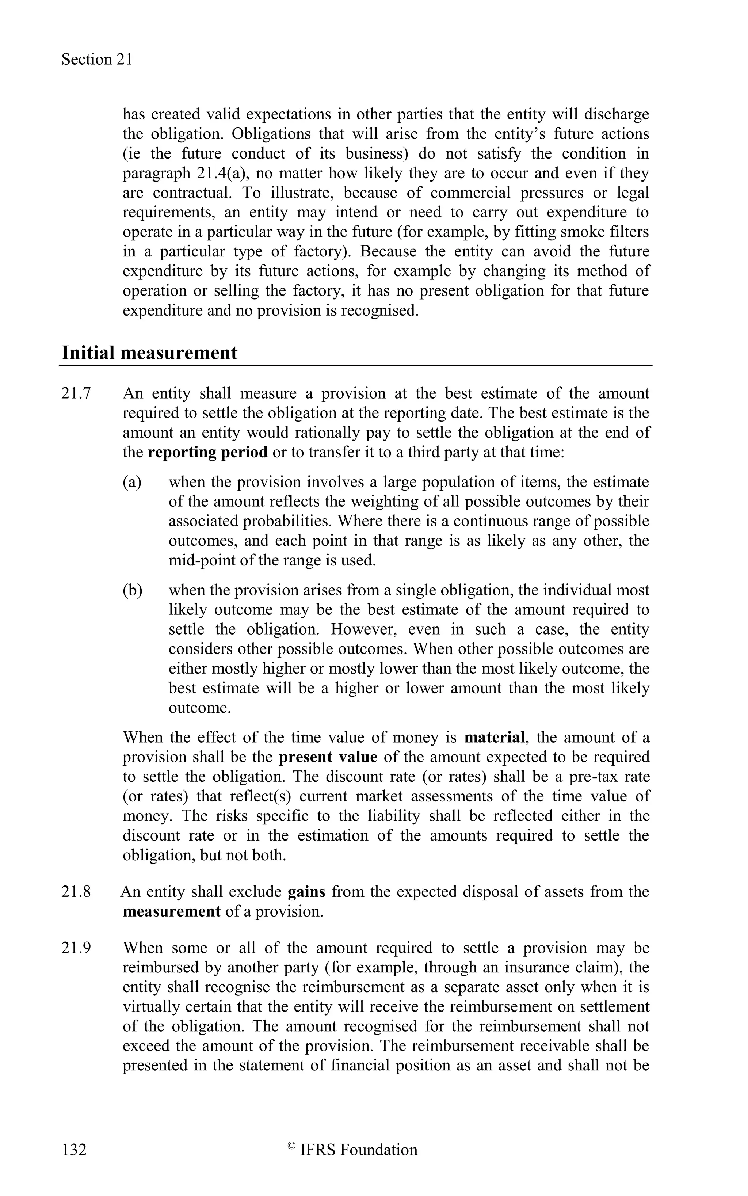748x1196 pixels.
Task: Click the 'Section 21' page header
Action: [x=97, y=60]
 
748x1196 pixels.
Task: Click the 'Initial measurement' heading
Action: [x=149, y=353]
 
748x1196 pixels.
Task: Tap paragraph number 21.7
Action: [x=76, y=393]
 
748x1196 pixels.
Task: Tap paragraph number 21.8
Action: [x=76, y=892]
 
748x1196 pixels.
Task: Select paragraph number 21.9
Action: [x=76, y=948]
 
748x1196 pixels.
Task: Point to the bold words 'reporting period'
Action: [x=207, y=452]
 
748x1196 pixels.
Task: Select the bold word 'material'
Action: [x=494, y=737]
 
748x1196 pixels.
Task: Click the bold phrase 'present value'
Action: [x=328, y=757]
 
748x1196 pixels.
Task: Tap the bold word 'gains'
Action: [x=306, y=892]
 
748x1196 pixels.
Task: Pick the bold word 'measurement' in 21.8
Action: [x=171, y=911]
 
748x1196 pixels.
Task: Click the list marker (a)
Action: [x=132, y=482]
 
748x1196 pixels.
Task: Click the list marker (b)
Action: [x=132, y=590]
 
